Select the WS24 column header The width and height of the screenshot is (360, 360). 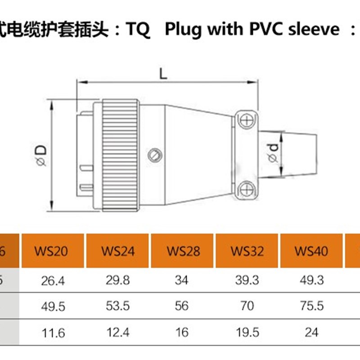118,251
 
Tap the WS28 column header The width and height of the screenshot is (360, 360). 183,251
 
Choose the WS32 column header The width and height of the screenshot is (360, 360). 247,251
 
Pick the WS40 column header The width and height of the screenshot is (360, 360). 311,251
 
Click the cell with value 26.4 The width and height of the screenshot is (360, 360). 53,281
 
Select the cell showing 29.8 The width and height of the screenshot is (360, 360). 118,281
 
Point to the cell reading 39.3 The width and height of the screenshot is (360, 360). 247,281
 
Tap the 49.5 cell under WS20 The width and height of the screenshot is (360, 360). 53,306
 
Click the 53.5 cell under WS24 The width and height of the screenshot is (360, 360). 118,306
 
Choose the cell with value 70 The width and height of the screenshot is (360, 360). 247,306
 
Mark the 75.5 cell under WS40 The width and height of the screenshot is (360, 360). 311,306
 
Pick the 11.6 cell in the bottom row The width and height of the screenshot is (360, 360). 53,333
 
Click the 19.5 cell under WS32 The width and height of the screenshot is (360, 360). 247,333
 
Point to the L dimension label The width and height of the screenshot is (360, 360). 163,72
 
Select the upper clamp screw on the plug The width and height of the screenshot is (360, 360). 246,121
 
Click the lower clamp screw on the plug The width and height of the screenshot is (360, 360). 246,189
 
